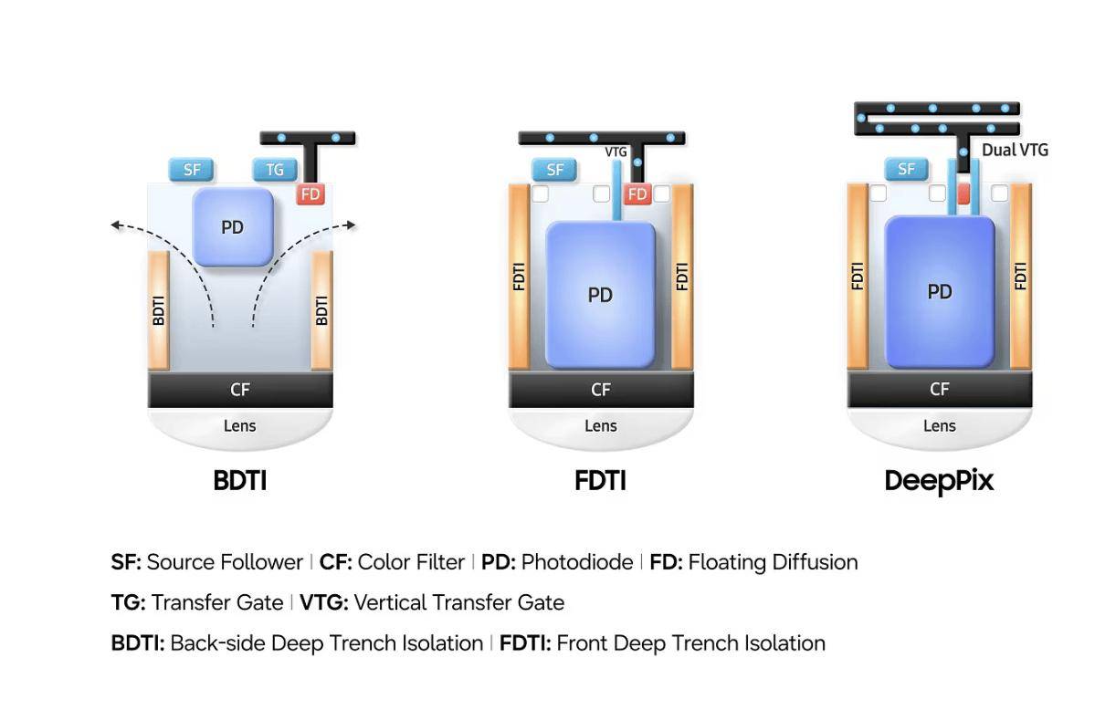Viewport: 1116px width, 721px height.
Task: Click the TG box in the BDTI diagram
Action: tap(275, 170)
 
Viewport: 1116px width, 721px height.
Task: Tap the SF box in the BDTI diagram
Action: tap(192, 170)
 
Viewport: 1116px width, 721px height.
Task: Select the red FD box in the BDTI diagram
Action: tap(311, 194)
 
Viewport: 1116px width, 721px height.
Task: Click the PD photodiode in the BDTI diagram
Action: tap(233, 227)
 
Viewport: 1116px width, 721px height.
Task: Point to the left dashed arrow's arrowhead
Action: tap(116, 225)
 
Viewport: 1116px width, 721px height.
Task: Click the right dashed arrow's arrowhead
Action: tap(352, 225)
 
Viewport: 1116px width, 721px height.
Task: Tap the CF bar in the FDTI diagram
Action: tap(601, 390)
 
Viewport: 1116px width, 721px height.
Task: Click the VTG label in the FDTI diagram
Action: tap(616, 152)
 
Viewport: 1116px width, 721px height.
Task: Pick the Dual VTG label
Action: tap(1015, 150)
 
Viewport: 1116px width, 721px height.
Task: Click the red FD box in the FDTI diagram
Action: tap(637, 194)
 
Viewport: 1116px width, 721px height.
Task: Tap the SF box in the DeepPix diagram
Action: tap(906, 169)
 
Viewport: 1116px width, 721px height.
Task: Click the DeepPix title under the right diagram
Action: tap(939, 482)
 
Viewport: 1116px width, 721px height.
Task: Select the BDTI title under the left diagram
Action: tap(239, 480)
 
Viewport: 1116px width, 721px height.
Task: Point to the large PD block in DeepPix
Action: tap(940, 292)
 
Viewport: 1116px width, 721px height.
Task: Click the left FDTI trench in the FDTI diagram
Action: tap(519, 277)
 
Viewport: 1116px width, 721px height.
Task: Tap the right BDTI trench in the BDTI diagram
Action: tap(321, 310)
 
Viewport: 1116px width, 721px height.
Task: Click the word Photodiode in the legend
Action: tap(577, 562)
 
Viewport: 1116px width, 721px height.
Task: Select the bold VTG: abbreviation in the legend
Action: tap(324, 602)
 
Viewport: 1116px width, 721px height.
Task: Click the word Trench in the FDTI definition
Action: tap(709, 643)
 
